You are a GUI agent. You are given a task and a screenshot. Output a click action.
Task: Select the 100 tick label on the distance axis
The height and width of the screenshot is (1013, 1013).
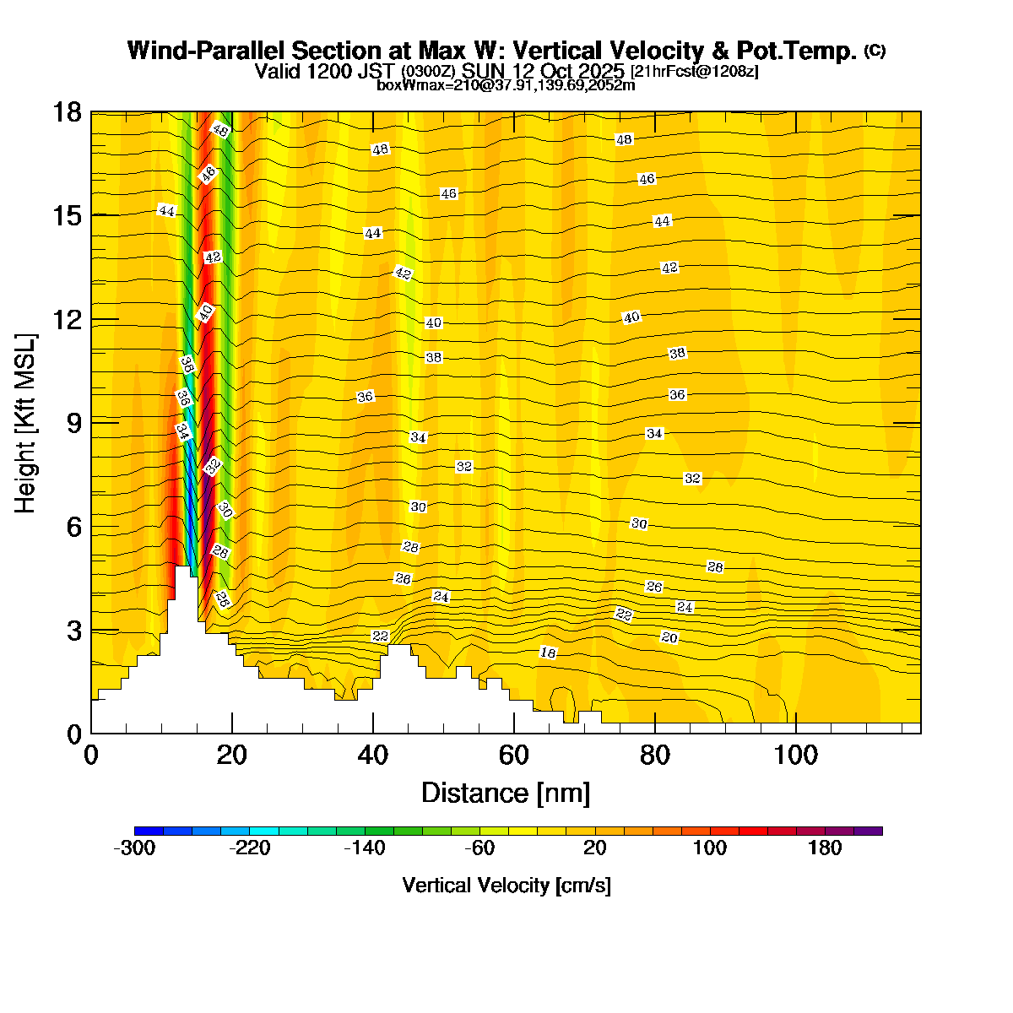[796, 755]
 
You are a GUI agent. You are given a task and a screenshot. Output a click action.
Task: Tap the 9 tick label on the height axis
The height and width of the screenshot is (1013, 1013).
[73, 423]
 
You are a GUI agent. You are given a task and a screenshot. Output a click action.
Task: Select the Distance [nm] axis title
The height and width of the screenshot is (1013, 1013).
[506, 794]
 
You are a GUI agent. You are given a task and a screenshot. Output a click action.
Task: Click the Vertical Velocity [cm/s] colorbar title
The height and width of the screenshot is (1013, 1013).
[506, 886]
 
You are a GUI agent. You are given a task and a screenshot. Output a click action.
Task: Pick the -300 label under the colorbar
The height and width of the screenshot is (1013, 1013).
[134, 848]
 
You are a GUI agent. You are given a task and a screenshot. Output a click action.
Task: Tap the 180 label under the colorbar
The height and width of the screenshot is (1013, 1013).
[825, 848]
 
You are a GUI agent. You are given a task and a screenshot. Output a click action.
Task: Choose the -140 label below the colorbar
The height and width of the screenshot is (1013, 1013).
[364, 848]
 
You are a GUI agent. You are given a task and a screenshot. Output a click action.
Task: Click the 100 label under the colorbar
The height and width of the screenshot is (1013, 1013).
[710, 848]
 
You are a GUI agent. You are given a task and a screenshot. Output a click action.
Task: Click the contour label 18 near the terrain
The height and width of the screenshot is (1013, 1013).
[548, 653]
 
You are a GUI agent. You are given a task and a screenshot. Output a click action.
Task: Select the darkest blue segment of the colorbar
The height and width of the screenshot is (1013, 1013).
[149, 831]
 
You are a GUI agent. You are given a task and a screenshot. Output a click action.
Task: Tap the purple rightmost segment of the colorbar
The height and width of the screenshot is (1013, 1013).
[868, 831]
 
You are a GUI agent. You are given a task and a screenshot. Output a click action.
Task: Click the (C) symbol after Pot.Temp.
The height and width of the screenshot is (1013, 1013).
[875, 51]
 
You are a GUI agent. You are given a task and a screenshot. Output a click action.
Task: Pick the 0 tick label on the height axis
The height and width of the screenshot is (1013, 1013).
[73, 734]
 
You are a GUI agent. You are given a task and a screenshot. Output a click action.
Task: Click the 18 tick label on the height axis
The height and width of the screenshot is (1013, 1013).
[68, 112]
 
